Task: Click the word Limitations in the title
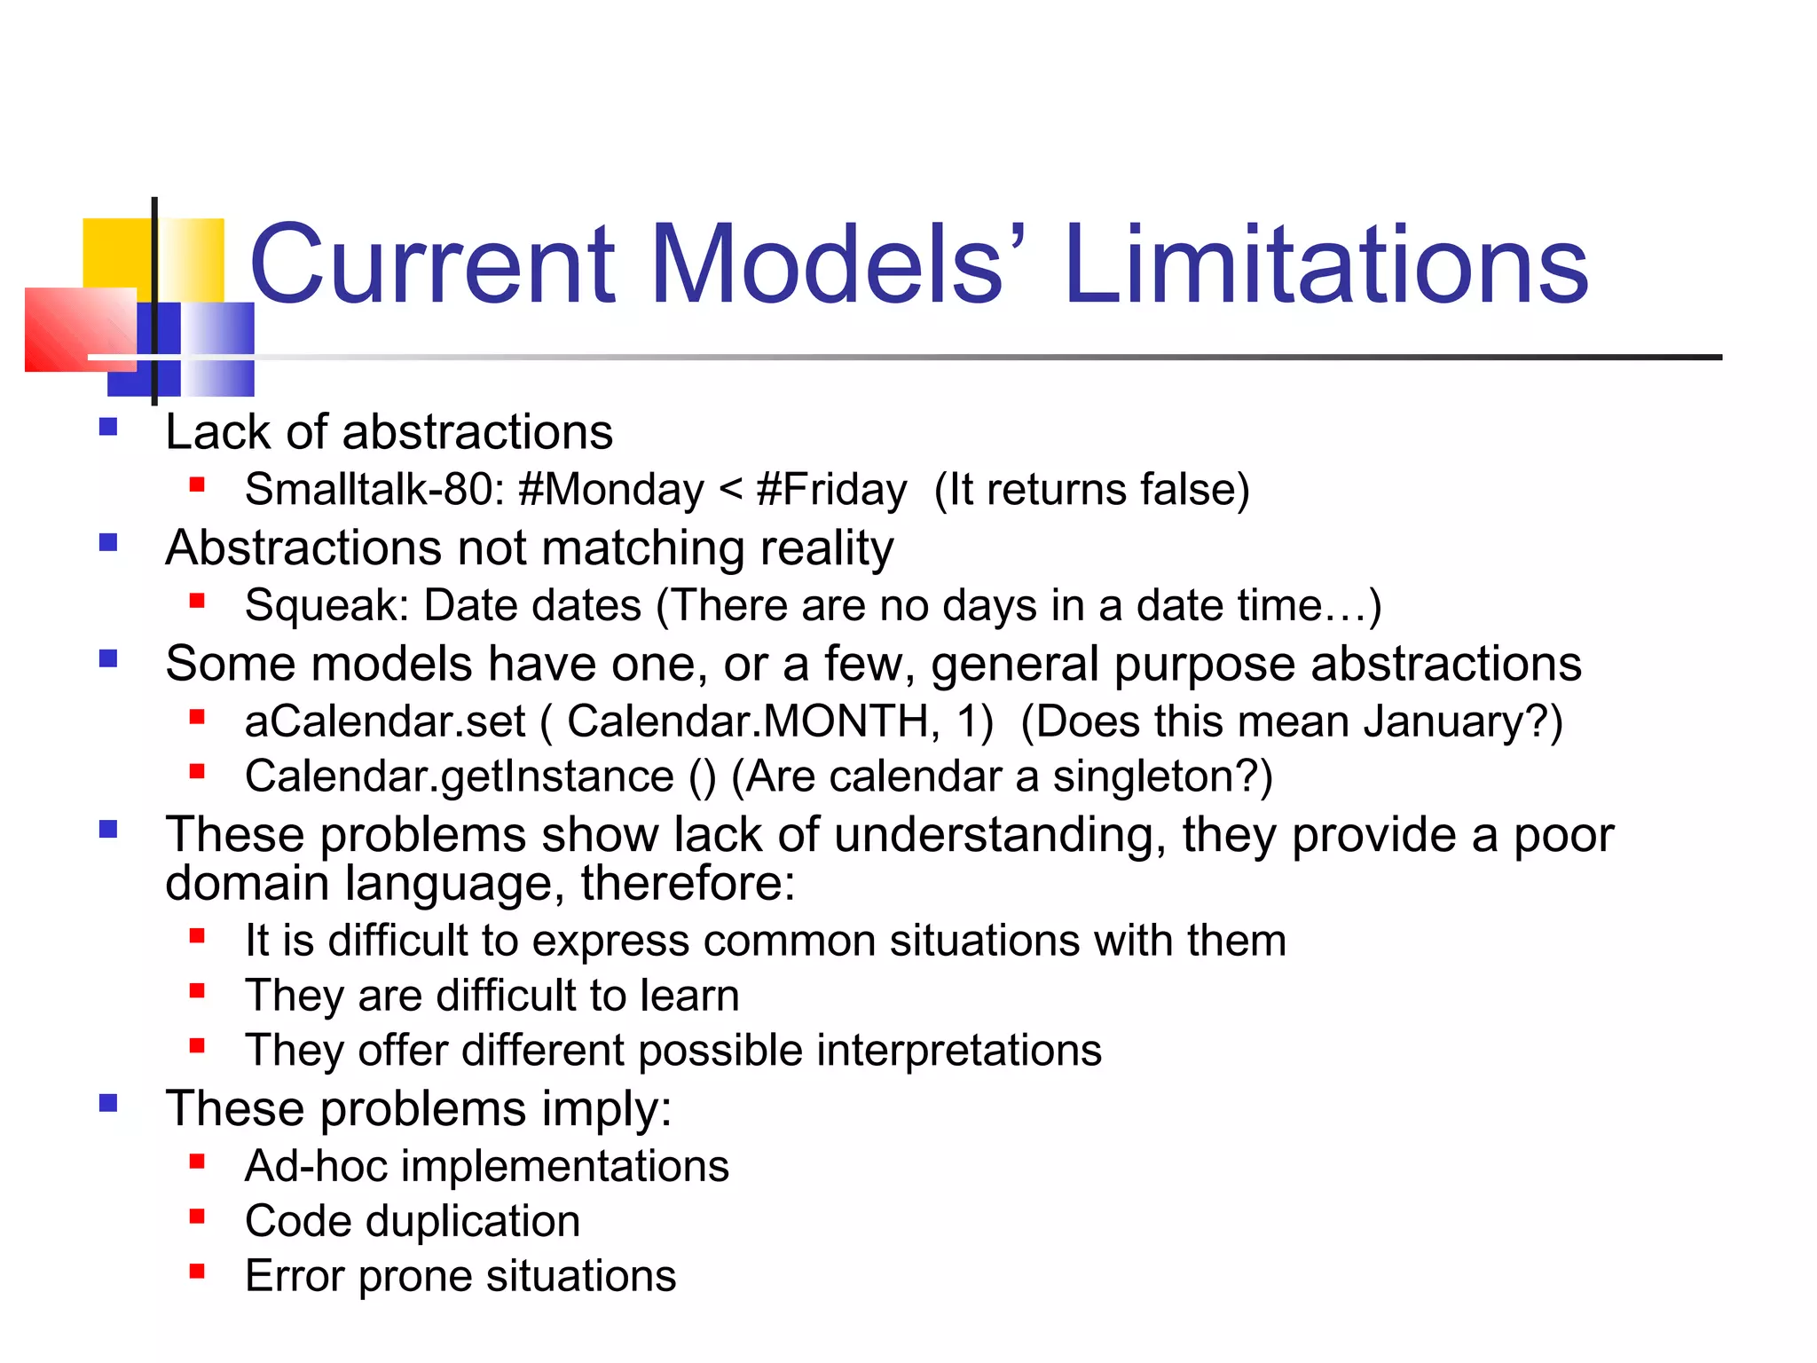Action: coord(1326,264)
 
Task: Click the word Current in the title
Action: coord(432,264)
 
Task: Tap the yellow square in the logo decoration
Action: coord(115,253)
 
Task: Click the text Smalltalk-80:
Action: coord(374,490)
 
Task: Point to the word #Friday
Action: coord(831,490)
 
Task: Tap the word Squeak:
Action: coord(326,606)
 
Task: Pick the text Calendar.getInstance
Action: coord(459,776)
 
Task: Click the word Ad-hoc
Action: coord(316,1166)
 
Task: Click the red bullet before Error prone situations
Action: coord(197,1272)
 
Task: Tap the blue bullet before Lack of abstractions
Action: coord(108,427)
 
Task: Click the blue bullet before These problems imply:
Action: coord(108,1103)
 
